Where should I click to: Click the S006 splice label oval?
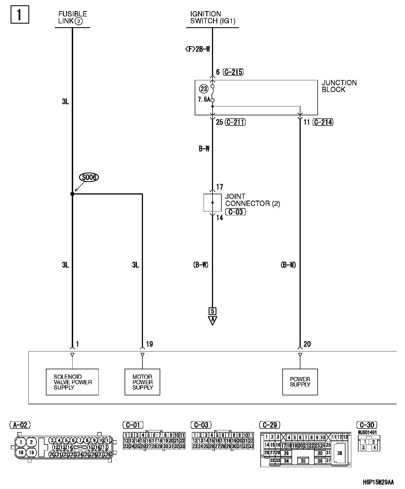[x=89, y=177]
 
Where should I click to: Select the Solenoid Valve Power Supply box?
[x=72, y=382]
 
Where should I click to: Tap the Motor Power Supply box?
[x=142, y=382]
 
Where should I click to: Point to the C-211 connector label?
[x=235, y=122]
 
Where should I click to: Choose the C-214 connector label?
[x=323, y=122]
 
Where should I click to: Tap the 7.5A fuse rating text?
[x=204, y=99]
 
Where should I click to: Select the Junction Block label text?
[x=339, y=86]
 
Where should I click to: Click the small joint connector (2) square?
[x=213, y=203]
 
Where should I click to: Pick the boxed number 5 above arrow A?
[x=213, y=311]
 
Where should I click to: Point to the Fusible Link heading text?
[x=72, y=18]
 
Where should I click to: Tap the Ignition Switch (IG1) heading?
[x=213, y=18]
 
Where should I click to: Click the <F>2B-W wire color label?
[x=197, y=49]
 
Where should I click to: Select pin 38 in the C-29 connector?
[x=339, y=453]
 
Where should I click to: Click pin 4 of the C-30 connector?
[x=374, y=448]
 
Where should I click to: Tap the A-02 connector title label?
[x=20, y=425]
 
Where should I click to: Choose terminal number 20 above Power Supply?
[x=307, y=344]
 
